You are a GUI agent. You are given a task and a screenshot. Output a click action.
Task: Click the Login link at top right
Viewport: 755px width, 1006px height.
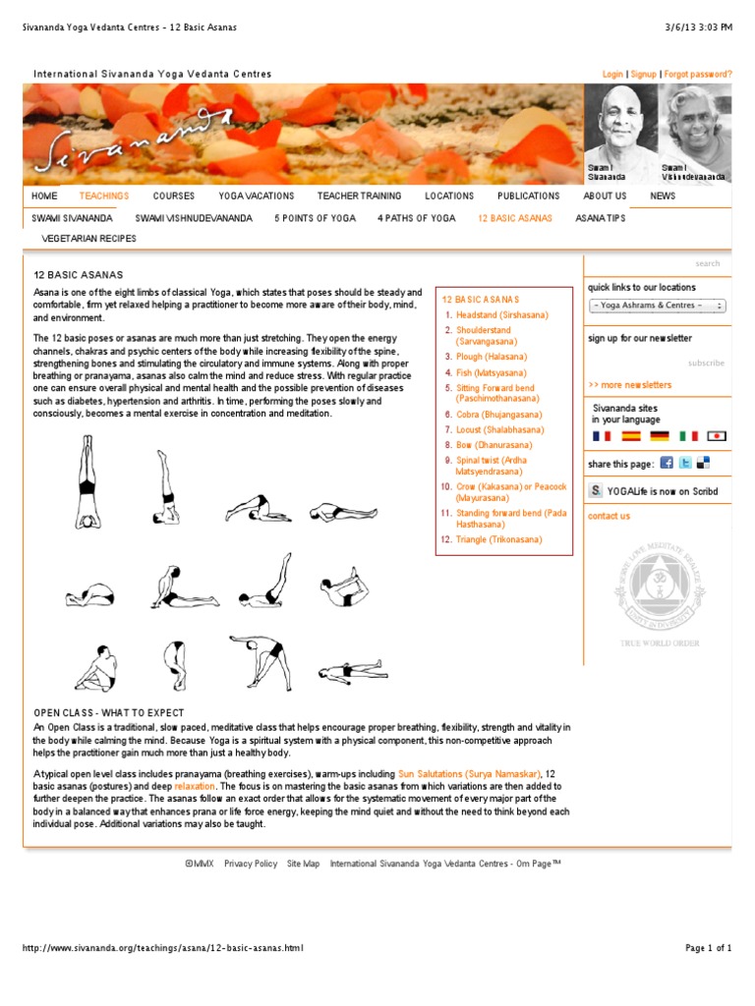coord(612,74)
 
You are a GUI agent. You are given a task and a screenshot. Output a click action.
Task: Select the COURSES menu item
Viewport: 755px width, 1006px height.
coord(174,196)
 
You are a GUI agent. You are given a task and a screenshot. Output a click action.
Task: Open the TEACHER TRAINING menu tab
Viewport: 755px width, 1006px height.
coord(359,196)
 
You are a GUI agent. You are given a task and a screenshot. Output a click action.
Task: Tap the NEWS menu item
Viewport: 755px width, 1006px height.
coord(663,196)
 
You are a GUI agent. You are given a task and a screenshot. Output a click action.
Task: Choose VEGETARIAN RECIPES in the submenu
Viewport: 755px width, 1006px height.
coord(89,238)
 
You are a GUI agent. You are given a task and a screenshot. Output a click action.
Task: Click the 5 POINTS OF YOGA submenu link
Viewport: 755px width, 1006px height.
coord(315,218)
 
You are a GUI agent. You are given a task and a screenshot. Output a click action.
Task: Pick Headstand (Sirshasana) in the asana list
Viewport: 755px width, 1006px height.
coord(502,314)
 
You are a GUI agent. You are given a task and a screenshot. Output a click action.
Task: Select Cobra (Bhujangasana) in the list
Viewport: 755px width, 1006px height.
coord(500,416)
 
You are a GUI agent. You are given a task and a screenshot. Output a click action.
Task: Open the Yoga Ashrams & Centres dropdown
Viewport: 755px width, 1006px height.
coord(658,306)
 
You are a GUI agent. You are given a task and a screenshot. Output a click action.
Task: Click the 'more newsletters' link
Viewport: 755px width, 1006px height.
coord(630,385)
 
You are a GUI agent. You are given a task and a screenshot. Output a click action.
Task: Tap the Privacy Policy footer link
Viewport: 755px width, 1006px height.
coord(251,864)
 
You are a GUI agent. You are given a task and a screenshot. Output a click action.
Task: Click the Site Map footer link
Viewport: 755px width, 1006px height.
coord(303,864)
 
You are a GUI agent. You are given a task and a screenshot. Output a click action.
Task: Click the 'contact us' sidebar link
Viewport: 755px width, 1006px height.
coord(609,516)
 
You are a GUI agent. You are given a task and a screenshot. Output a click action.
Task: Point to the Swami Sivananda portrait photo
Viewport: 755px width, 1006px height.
coord(619,128)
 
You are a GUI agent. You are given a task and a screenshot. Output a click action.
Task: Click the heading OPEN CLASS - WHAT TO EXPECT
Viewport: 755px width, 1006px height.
coord(109,712)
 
